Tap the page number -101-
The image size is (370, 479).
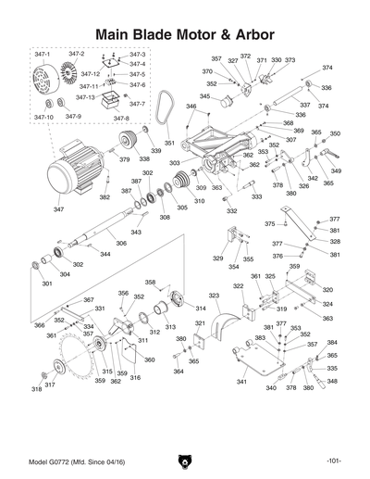point(334,461)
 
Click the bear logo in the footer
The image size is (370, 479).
point(184,460)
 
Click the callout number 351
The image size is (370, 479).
point(168,144)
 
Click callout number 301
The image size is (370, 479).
point(46,284)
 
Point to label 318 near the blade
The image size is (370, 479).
point(37,390)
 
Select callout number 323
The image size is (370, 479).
point(214,296)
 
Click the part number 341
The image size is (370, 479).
point(241,382)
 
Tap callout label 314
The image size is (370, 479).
point(200,308)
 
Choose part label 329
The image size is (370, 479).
point(218,258)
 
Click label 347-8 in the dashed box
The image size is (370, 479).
point(121,119)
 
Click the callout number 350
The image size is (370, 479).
point(335,133)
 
